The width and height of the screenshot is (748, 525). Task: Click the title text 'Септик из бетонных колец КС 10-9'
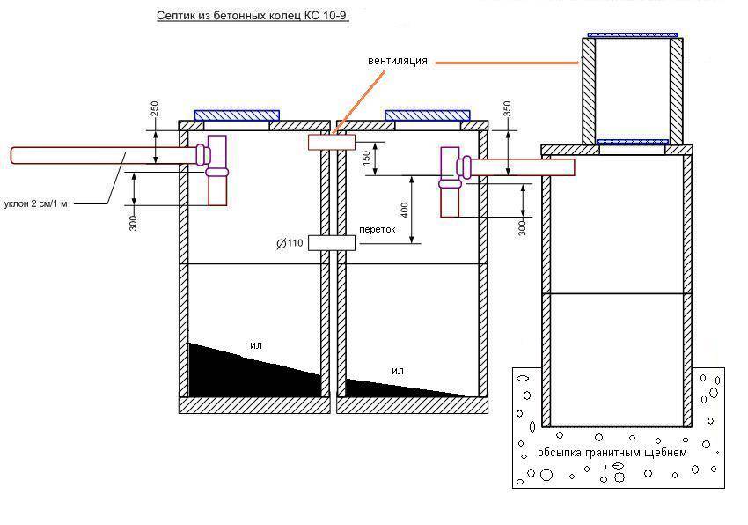(x=246, y=17)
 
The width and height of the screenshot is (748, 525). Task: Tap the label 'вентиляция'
(x=398, y=61)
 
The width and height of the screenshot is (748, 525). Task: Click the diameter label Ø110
(x=290, y=244)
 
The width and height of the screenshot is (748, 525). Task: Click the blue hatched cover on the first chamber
(x=237, y=115)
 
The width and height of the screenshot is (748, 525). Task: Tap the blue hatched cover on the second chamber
(x=427, y=115)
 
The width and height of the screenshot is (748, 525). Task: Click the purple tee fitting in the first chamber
(x=216, y=159)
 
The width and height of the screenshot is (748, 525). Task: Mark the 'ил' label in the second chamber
(x=398, y=371)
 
